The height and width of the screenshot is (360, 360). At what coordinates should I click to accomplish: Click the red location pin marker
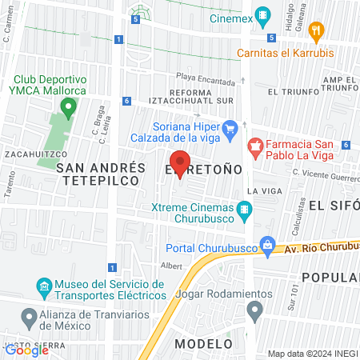[x=180, y=164]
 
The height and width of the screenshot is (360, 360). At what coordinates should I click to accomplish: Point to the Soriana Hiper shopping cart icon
[x=230, y=127]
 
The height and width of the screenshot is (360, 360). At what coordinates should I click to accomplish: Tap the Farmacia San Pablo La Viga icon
[x=256, y=145]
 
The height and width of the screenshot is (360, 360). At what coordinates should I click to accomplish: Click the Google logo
[x=26, y=349]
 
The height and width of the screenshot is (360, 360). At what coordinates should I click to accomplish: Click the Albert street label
[x=171, y=265]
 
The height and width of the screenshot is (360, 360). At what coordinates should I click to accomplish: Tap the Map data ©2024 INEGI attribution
[x=312, y=354]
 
